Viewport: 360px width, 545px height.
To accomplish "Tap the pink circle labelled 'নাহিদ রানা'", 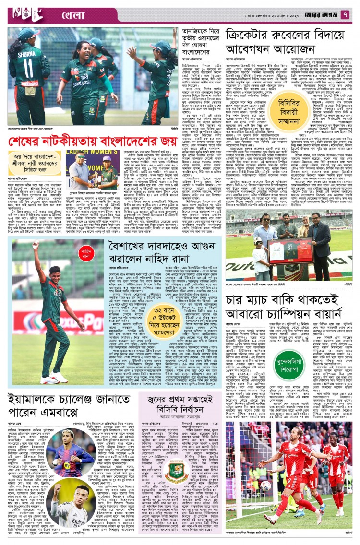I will pos(87,251).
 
